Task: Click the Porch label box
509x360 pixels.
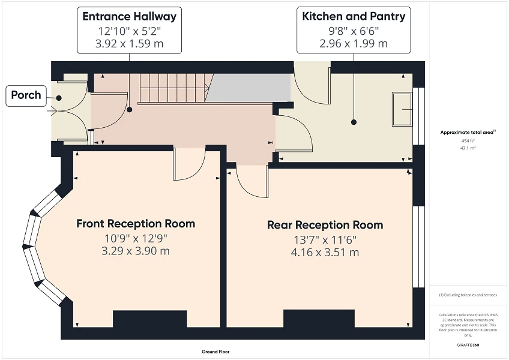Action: coord(26,95)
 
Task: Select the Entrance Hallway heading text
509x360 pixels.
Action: coord(130,16)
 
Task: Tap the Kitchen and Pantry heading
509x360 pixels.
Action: coord(354,16)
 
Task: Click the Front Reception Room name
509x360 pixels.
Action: coord(136,224)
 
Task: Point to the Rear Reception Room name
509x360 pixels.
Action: coord(325,226)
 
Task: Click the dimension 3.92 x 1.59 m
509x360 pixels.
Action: coord(130,44)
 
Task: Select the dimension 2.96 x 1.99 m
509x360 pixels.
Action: coord(354,44)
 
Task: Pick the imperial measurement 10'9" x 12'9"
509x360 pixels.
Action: coord(136,238)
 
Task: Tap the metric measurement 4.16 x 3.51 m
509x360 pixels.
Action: coord(325,253)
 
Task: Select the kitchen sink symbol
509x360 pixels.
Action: coord(402,109)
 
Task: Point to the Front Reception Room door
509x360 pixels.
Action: coord(189,165)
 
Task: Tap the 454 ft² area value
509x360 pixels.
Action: coord(467,140)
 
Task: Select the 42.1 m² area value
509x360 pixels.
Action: coord(467,147)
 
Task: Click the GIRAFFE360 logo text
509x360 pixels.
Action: coord(467,346)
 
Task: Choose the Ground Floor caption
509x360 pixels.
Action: coord(215,352)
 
